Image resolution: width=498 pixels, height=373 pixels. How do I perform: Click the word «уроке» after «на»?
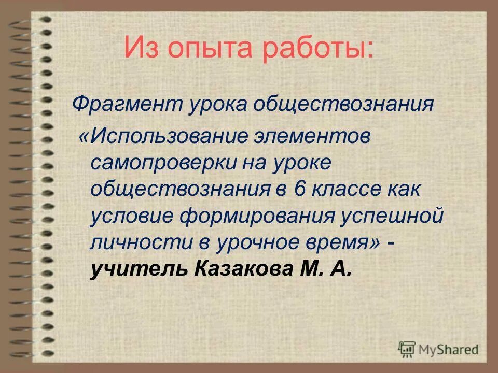coord(303,164)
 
